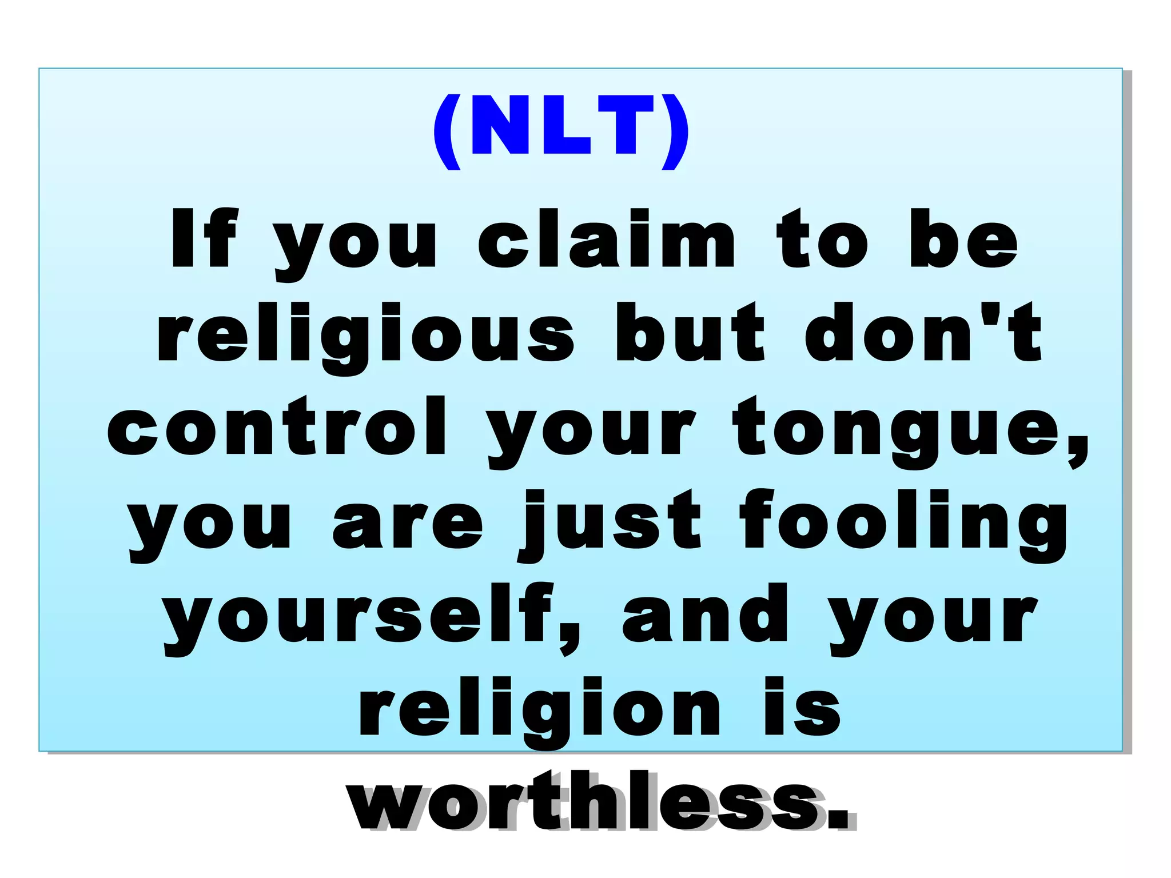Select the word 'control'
tap(277, 427)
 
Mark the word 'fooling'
tap(903, 525)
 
